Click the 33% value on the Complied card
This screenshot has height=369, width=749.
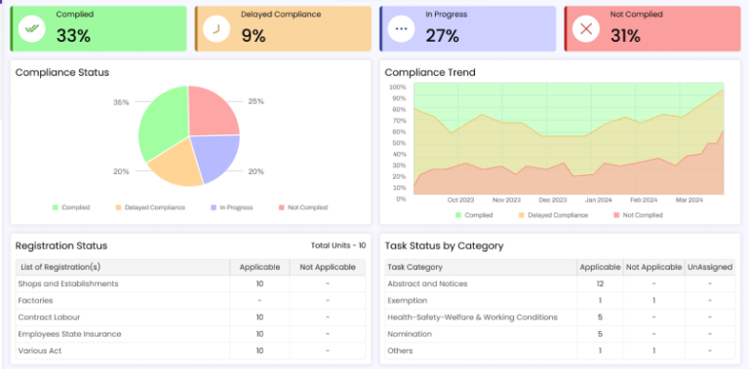click(x=73, y=36)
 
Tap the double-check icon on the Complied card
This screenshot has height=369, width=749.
click(x=33, y=29)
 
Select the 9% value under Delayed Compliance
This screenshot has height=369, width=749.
click(x=253, y=36)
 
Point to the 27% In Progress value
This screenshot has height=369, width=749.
click(x=442, y=36)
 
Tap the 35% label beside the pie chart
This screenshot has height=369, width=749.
click(x=121, y=102)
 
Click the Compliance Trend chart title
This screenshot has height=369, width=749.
click(x=430, y=73)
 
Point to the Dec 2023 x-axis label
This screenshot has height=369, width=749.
click(x=552, y=200)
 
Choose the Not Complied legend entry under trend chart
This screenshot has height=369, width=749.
click(x=639, y=215)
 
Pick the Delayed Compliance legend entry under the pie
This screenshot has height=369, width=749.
click(x=154, y=207)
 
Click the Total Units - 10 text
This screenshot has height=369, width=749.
click(x=338, y=246)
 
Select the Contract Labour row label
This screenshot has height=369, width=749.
click(x=51, y=317)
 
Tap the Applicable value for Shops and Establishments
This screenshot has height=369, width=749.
click(x=259, y=284)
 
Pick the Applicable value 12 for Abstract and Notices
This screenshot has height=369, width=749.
click(x=600, y=284)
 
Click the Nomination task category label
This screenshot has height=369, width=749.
click(x=412, y=334)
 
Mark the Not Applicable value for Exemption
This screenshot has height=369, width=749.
click(x=653, y=301)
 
